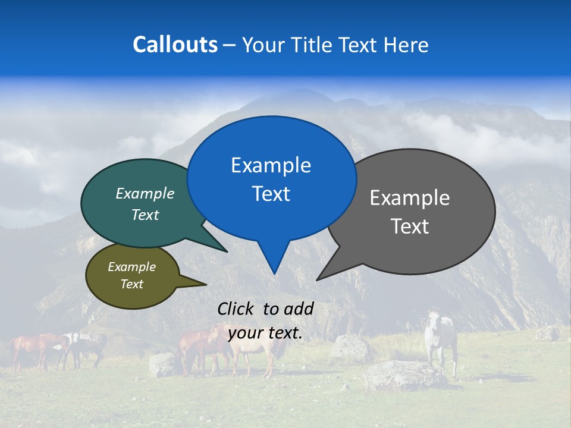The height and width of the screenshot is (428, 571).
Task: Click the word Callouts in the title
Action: [x=175, y=45]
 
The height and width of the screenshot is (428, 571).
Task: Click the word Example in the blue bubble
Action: [x=271, y=165]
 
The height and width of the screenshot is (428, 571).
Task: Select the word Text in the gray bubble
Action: [x=410, y=226]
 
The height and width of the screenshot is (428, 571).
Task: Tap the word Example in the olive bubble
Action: [x=131, y=267]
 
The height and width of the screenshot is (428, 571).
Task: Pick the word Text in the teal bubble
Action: [x=145, y=215]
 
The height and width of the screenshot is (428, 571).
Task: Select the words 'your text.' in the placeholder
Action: [x=265, y=333]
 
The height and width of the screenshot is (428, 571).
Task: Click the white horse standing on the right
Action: [x=440, y=339]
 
